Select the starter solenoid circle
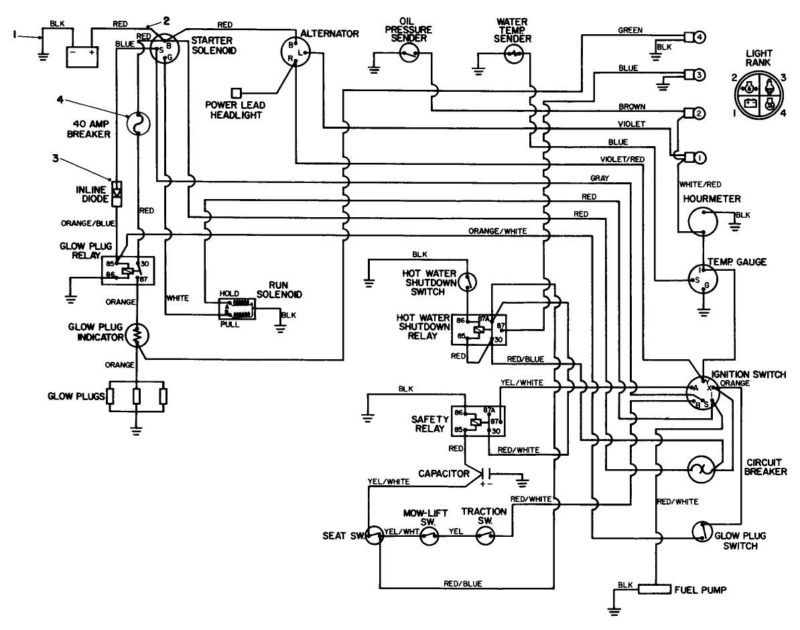click(161, 49)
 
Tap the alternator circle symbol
click(295, 52)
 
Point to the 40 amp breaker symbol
click(138, 123)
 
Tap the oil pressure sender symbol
click(409, 56)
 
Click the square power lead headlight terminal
click(235, 92)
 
